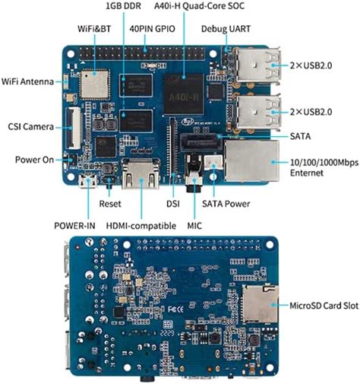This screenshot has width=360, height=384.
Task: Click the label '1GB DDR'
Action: point(123,8)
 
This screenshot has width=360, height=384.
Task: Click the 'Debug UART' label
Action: point(225,29)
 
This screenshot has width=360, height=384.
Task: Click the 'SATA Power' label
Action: point(226,204)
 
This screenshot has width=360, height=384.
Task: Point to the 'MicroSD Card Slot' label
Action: point(324,307)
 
